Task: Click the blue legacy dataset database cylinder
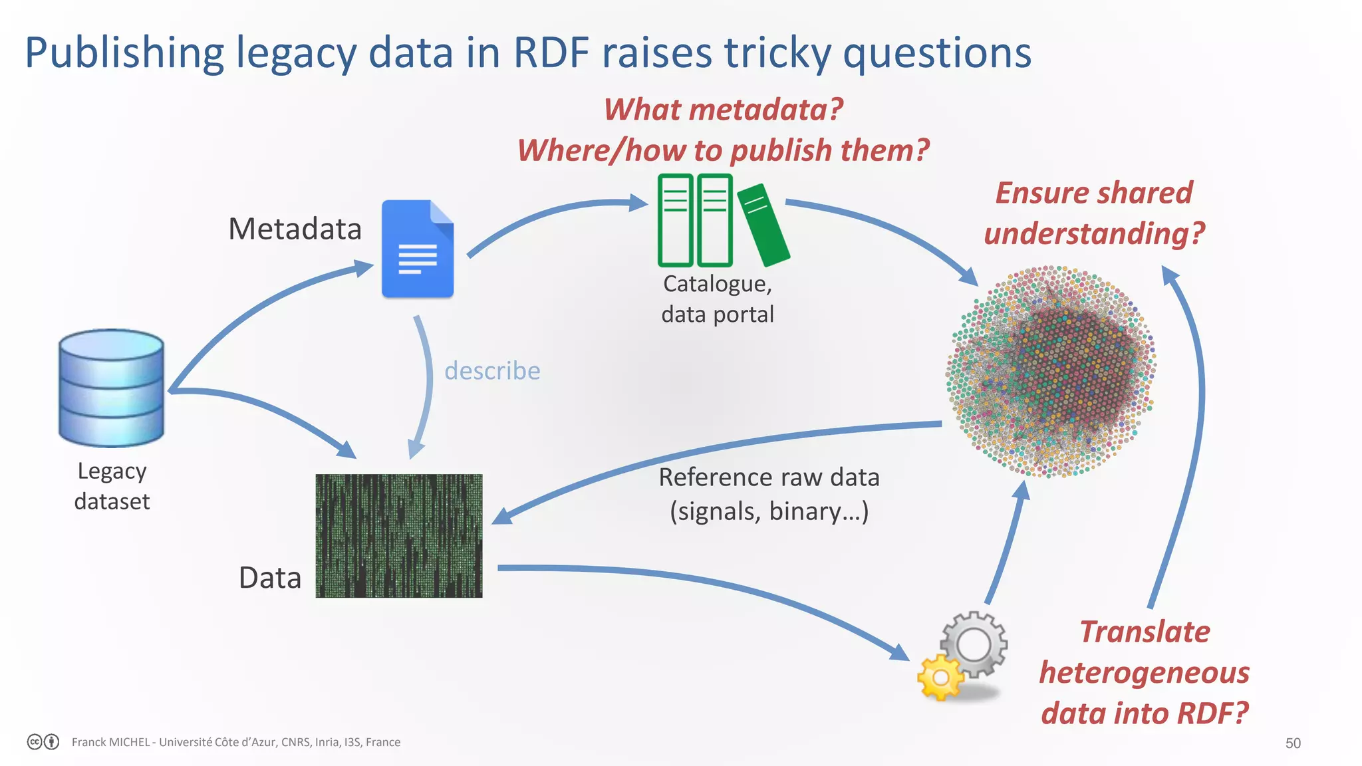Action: click(111, 388)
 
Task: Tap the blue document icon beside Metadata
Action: click(417, 249)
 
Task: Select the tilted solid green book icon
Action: click(763, 224)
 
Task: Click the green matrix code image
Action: click(399, 535)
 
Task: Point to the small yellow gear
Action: click(940, 677)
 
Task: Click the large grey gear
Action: click(974, 644)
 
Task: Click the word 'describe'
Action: click(492, 371)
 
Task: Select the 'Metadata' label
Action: click(295, 229)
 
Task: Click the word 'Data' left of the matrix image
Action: click(269, 578)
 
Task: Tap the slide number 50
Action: click(1292, 743)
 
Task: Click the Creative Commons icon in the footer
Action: click(35, 741)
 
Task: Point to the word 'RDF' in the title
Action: click(551, 53)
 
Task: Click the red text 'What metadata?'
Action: click(723, 110)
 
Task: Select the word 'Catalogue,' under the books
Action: click(718, 284)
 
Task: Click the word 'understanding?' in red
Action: click(1094, 234)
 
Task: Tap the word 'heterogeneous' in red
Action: click(1144, 673)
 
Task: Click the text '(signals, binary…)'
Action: click(769, 511)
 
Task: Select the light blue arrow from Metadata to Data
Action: click(426, 386)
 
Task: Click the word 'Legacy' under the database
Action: click(112, 471)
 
